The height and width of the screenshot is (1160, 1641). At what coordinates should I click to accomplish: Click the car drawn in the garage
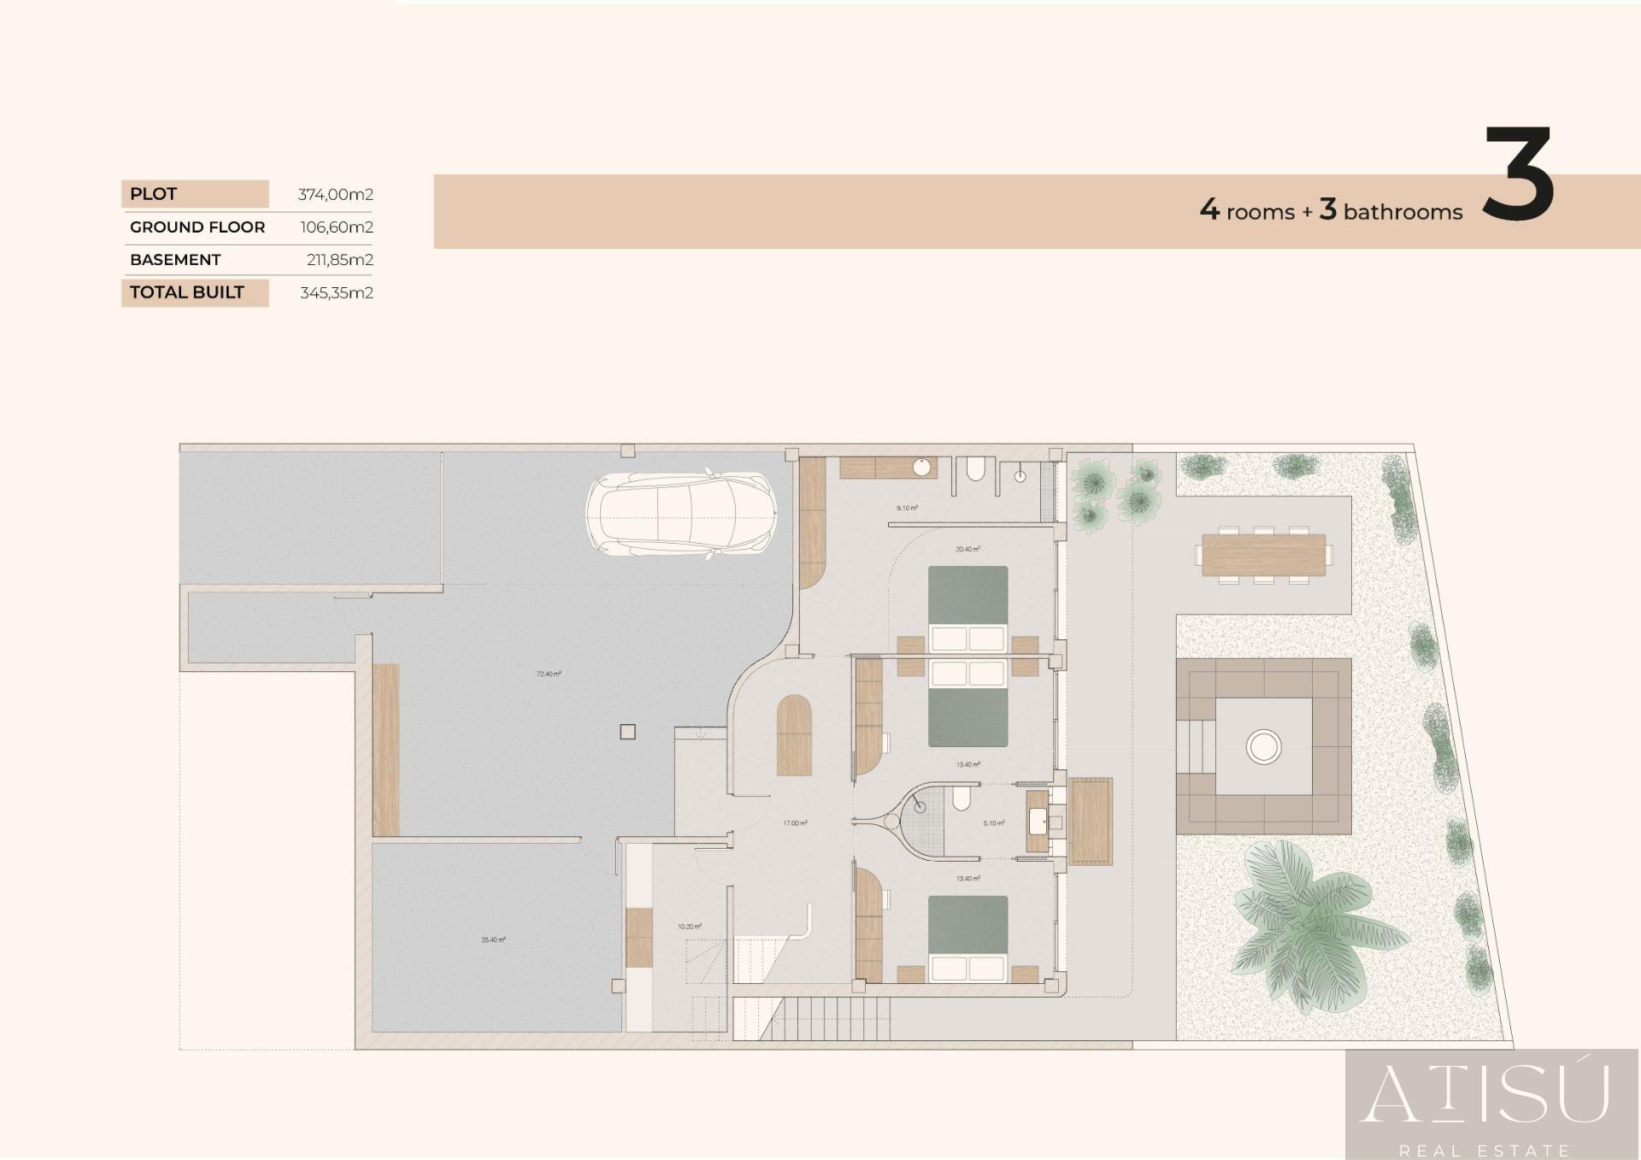[681, 514]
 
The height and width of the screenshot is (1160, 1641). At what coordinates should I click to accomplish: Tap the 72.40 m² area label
[548, 674]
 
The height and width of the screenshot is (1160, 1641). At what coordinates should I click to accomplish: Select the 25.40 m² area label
[493, 939]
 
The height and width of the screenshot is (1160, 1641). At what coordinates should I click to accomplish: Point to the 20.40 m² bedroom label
[968, 549]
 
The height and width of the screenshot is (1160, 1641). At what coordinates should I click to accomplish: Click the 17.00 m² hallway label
[795, 823]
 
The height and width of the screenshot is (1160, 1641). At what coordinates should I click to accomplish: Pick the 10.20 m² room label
[689, 926]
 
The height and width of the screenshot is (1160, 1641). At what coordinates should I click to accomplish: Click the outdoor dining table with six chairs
[1263, 555]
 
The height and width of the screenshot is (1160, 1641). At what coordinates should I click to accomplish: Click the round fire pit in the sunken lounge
[1263, 746]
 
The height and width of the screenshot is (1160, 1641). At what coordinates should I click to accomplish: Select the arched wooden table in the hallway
[794, 735]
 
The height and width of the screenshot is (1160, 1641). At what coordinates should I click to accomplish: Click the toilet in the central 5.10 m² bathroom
[962, 799]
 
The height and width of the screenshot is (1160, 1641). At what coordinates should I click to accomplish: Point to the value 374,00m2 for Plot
[335, 194]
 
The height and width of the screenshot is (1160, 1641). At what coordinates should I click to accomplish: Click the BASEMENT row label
[175, 260]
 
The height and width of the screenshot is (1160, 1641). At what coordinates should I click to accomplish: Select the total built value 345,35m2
[336, 292]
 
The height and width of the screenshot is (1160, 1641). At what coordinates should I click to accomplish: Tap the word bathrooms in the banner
[1403, 212]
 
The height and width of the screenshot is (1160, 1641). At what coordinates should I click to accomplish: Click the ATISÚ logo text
[1485, 1094]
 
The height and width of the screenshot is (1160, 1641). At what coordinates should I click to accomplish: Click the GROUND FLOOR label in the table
[197, 227]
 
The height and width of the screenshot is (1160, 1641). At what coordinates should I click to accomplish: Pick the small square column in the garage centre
[627, 732]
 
